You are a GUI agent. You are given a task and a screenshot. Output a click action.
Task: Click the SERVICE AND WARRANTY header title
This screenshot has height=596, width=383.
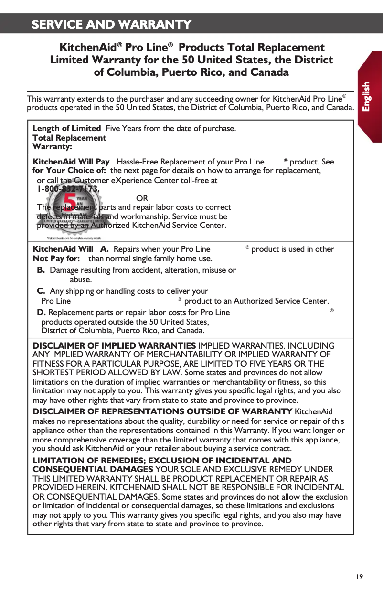pos(111,24)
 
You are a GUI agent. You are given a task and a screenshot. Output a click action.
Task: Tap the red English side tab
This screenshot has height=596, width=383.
pos(367,97)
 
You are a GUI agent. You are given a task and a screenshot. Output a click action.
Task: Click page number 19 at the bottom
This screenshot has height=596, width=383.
pos(359,576)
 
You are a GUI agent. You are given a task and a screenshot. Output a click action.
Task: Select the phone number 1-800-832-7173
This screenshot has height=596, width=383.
pos(68,189)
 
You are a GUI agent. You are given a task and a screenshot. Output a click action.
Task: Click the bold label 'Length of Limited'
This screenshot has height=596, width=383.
pos(66,129)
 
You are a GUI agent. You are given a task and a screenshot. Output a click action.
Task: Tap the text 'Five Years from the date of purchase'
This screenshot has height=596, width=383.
pos(170,129)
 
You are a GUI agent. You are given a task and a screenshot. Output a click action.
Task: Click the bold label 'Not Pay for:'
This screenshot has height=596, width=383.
pos(53,258)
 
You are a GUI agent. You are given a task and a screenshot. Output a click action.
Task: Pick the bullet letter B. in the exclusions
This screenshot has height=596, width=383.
pos(42,270)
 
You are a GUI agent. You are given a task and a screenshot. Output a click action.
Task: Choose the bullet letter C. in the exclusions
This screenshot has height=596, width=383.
pos(42,291)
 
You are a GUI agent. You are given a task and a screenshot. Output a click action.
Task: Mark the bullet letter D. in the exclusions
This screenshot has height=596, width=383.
pos(42,312)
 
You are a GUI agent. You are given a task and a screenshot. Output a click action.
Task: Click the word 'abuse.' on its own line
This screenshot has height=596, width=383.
pos(81,280)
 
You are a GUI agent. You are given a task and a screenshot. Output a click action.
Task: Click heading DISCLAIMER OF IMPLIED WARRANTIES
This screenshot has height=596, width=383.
pos(114,345)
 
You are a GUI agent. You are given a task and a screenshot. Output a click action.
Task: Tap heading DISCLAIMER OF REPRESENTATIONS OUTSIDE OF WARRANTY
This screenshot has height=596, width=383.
pos(162,411)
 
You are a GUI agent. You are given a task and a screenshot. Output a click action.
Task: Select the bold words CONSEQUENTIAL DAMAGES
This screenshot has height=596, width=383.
pos(92,470)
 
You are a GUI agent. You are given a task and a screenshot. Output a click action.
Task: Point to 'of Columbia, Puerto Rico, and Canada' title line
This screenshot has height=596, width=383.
pos(191,72)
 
